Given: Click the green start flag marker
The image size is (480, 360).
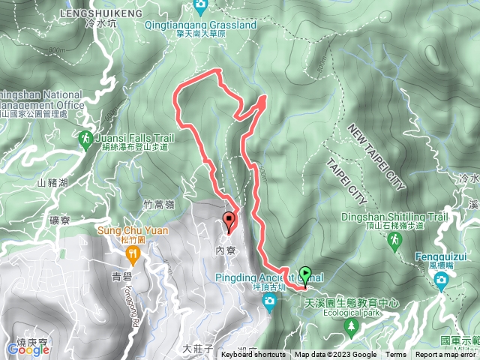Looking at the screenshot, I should coord(306,274).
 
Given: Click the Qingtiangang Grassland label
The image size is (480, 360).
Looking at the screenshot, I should coord(202,24).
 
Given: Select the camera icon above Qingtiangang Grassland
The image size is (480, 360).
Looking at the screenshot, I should coord(201,6).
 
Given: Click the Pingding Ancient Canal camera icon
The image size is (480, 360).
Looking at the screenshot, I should coord(269,301).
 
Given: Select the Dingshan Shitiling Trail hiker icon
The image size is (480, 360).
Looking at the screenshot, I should coord(394,240).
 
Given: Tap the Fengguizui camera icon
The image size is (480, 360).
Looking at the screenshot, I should coord(442,280).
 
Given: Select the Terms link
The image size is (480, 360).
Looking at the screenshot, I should coord(396,355).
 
